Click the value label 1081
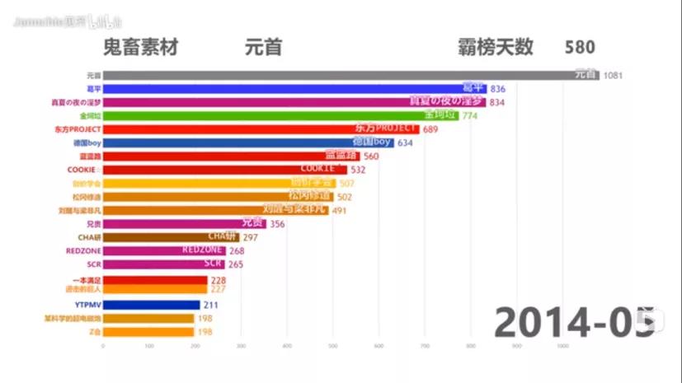pyautogui.click(x=612, y=76)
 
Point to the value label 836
pyautogui.click(x=497, y=89)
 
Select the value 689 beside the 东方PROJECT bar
pyautogui.click(x=431, y=130)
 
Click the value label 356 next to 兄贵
pyautogui.click(x=277, y=224)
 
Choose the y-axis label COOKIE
pyautogui.click(x=84, y=170)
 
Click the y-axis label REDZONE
pyautogui.click(x=83, y=250)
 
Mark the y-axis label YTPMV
pyautogui.click(x=87, y=305)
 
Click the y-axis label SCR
pyautogui.click(x=93, y=264)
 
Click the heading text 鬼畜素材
pyautogui.click(x=139, y=47)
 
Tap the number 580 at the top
pyautogui.click(x=580, y=47)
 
